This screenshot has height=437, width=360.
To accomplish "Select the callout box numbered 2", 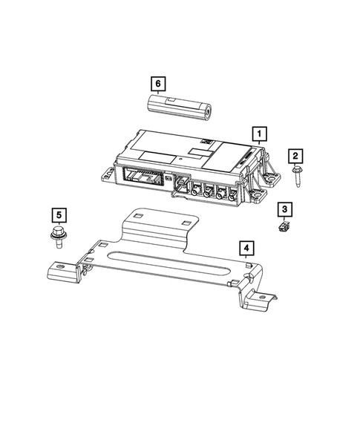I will pos(295,155).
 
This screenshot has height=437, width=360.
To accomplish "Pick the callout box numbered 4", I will pos(246,247).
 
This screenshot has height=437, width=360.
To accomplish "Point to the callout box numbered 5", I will pos(58,216).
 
